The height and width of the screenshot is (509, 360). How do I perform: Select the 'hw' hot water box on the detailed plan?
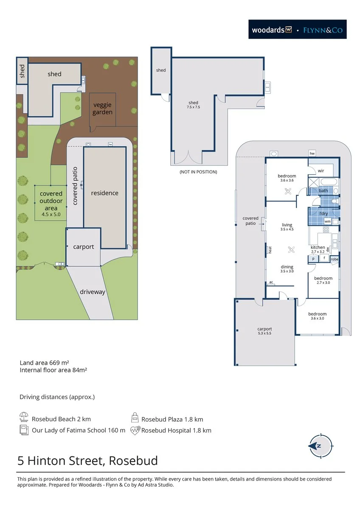(x=312, y=154)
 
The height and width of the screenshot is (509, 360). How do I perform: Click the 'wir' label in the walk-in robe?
(x=321, y=171)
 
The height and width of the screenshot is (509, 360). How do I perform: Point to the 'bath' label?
(x=323, y=190)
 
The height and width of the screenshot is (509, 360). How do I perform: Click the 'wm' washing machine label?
(x=327, y=221)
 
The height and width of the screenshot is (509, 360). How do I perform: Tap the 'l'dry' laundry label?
(x=323, y=213)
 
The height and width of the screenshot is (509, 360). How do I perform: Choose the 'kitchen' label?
(x=318, y=247)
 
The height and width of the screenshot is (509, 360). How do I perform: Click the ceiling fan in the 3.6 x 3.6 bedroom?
(x=288, y=191)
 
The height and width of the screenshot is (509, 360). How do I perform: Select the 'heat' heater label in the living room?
(x=270, y=250)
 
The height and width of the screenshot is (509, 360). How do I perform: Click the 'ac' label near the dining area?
(x=271, y=282)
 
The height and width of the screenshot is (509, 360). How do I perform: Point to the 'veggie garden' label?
(x=102, y=109)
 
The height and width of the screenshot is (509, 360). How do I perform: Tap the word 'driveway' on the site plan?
(x=93, y=292)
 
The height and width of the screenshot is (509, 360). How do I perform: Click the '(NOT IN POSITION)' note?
(x=198, y=172)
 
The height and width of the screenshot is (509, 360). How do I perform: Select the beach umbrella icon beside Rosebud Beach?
(x=24, y=417)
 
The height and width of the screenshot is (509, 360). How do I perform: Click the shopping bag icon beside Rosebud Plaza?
(x=135, y=417)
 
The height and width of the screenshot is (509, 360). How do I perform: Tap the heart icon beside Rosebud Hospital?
(x=135, y=431)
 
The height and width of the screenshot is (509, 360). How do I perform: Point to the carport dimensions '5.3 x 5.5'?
(x=264, y=333)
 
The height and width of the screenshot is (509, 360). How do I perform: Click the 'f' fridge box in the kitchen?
(x=324, y=258)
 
